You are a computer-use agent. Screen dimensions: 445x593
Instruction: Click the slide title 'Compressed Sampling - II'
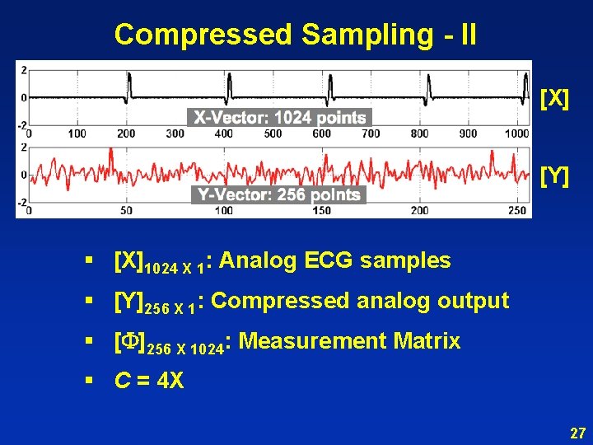click(295, 35)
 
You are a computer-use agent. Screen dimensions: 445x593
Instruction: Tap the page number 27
click(577, 433)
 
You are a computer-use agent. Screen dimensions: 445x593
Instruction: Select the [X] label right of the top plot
click(553, 100)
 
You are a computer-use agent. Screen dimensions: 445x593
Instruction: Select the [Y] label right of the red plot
click(553, 176)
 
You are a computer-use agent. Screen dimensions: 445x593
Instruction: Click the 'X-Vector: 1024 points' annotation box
click(280, 118)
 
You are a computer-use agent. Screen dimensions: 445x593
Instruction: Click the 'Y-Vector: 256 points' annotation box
click(278, 194)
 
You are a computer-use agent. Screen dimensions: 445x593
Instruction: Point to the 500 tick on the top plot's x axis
click(419, 133)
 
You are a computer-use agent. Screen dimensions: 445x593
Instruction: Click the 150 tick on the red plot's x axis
click(321, 211)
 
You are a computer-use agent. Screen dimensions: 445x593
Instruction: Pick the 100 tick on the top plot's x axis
click(77, 133)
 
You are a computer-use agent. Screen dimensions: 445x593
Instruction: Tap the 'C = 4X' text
click(149, 381)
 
